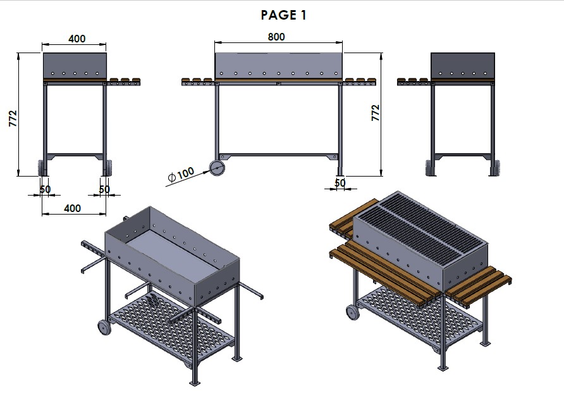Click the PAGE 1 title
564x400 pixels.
click(283, 15)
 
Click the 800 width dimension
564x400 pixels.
click(276, 37)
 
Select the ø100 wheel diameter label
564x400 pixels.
click(181, 174)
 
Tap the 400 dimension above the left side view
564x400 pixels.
click(77, 39)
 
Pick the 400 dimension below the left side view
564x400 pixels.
click(72, 208)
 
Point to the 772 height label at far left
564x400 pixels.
click(13, 118)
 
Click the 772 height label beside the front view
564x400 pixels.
click(375, 113)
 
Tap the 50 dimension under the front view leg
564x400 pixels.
click(340, 182)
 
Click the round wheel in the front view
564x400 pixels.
click(218, 168)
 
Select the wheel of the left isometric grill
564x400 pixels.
click(104, 328)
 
